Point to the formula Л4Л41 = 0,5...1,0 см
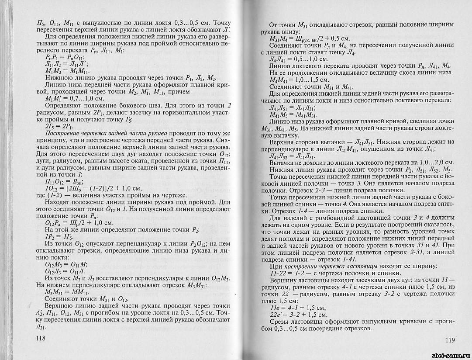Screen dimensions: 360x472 pos(299,59)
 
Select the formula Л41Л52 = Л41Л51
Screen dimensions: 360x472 pos(294,156)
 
